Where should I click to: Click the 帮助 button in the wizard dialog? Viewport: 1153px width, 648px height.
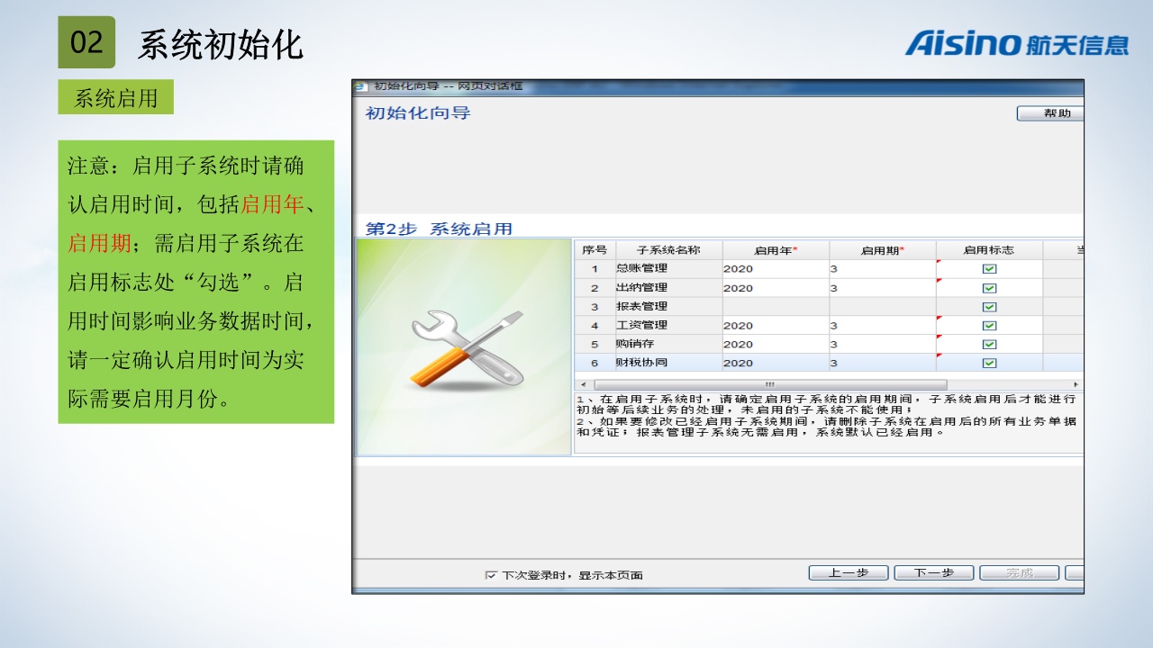coord(1050,113)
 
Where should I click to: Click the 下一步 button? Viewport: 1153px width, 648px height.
coord(934,572)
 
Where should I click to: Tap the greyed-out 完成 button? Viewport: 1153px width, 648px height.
coord(1019,572)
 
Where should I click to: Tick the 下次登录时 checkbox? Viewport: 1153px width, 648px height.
coord(491,575)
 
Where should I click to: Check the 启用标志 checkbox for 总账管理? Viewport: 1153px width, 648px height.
coord(989,268)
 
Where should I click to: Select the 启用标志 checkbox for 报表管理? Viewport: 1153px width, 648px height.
coord(989,307)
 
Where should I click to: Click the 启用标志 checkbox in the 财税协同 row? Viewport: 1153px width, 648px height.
coord(989,363)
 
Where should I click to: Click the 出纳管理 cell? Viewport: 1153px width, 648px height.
coord(668,287)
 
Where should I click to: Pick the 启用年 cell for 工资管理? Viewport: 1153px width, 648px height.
coord(776,325)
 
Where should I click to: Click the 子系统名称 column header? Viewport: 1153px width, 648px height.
coord(668,250)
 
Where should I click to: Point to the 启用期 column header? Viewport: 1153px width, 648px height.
coord(882,250)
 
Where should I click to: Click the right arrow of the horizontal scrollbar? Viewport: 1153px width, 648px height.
coord(1076,384)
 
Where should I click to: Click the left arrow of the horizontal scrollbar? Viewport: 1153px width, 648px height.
coord(583,384)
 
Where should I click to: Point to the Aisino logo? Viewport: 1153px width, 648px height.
coord(1017,43)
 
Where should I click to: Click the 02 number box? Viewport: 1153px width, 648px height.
coord(86,42)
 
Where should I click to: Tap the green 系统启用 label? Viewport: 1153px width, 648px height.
coord(116,97)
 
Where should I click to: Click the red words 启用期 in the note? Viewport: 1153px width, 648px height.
coord(99,243)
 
